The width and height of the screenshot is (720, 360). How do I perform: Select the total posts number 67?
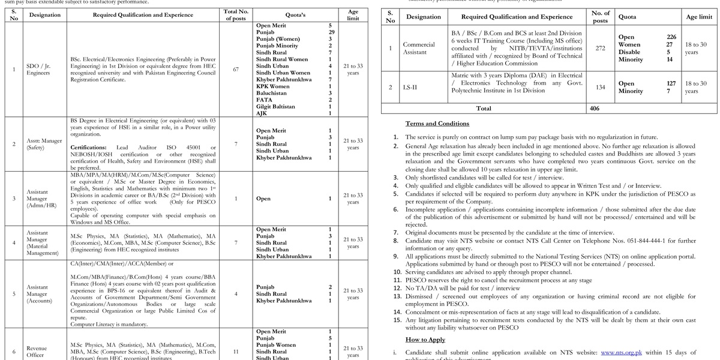[x=235, y=69]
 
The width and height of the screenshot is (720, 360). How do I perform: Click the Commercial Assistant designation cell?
[x=418, y=48]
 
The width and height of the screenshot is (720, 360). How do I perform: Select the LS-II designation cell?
[x=418, y=87]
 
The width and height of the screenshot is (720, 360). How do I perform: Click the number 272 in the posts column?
[x=600, y=48]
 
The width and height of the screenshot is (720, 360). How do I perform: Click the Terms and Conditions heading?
[x=437, y=124]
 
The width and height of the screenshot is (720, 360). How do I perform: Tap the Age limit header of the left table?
[x=353, y=15]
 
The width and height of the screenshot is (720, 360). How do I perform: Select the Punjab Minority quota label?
[x=277, y=46]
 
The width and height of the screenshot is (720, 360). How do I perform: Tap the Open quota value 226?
[x=671, y=37]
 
